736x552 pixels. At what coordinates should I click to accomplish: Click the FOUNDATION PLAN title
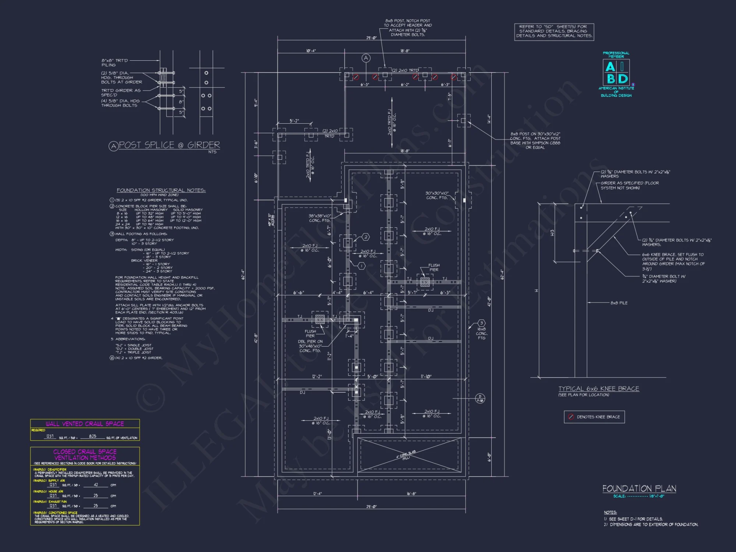pyautogui.click(x=639, y=489)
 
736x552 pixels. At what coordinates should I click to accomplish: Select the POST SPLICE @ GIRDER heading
pyautogui.click(x=169, y=145)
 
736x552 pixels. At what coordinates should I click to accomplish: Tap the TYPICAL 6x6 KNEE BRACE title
pyautogui.click(x=599, y=389)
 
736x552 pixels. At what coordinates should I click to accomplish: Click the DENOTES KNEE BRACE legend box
pyautogui.click(x=594, y=417)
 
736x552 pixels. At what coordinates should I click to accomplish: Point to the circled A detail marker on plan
pyautogui.click(x=366, y=58)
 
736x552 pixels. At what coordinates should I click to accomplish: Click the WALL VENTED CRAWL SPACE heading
pyautogui.click(x=85, y=424)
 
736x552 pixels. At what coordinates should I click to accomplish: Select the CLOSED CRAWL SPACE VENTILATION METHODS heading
pyautogui.click(x=85, y=454)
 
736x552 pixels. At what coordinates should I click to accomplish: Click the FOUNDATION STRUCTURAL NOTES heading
pyautogui.click(x=161, y=190)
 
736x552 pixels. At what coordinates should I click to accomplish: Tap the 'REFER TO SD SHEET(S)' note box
pyautogui.click(x=554, y=32)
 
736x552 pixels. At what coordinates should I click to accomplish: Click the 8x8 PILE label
pyautogui.click(x=619, y=303)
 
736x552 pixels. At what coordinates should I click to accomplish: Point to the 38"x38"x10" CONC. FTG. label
pyautogui.click(x=319, y=218)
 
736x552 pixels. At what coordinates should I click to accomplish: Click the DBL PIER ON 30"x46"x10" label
pyautogui.click(x=310, y=346)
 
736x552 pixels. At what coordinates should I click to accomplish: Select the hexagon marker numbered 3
pyautogui.click(x=481, y=323)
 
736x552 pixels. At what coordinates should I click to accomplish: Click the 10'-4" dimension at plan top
pyautogui.click(x=311, y=51)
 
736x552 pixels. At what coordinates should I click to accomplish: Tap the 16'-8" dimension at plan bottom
pyautogui.click(x=411, y=493)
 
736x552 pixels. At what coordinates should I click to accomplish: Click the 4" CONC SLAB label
pyautogui.click(x=406, y=455)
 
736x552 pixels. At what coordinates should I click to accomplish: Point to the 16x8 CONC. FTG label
pyautogui.click(x=481, y=333)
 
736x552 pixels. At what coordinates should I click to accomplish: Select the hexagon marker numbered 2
pyautogui.click(x=365, y=237)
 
